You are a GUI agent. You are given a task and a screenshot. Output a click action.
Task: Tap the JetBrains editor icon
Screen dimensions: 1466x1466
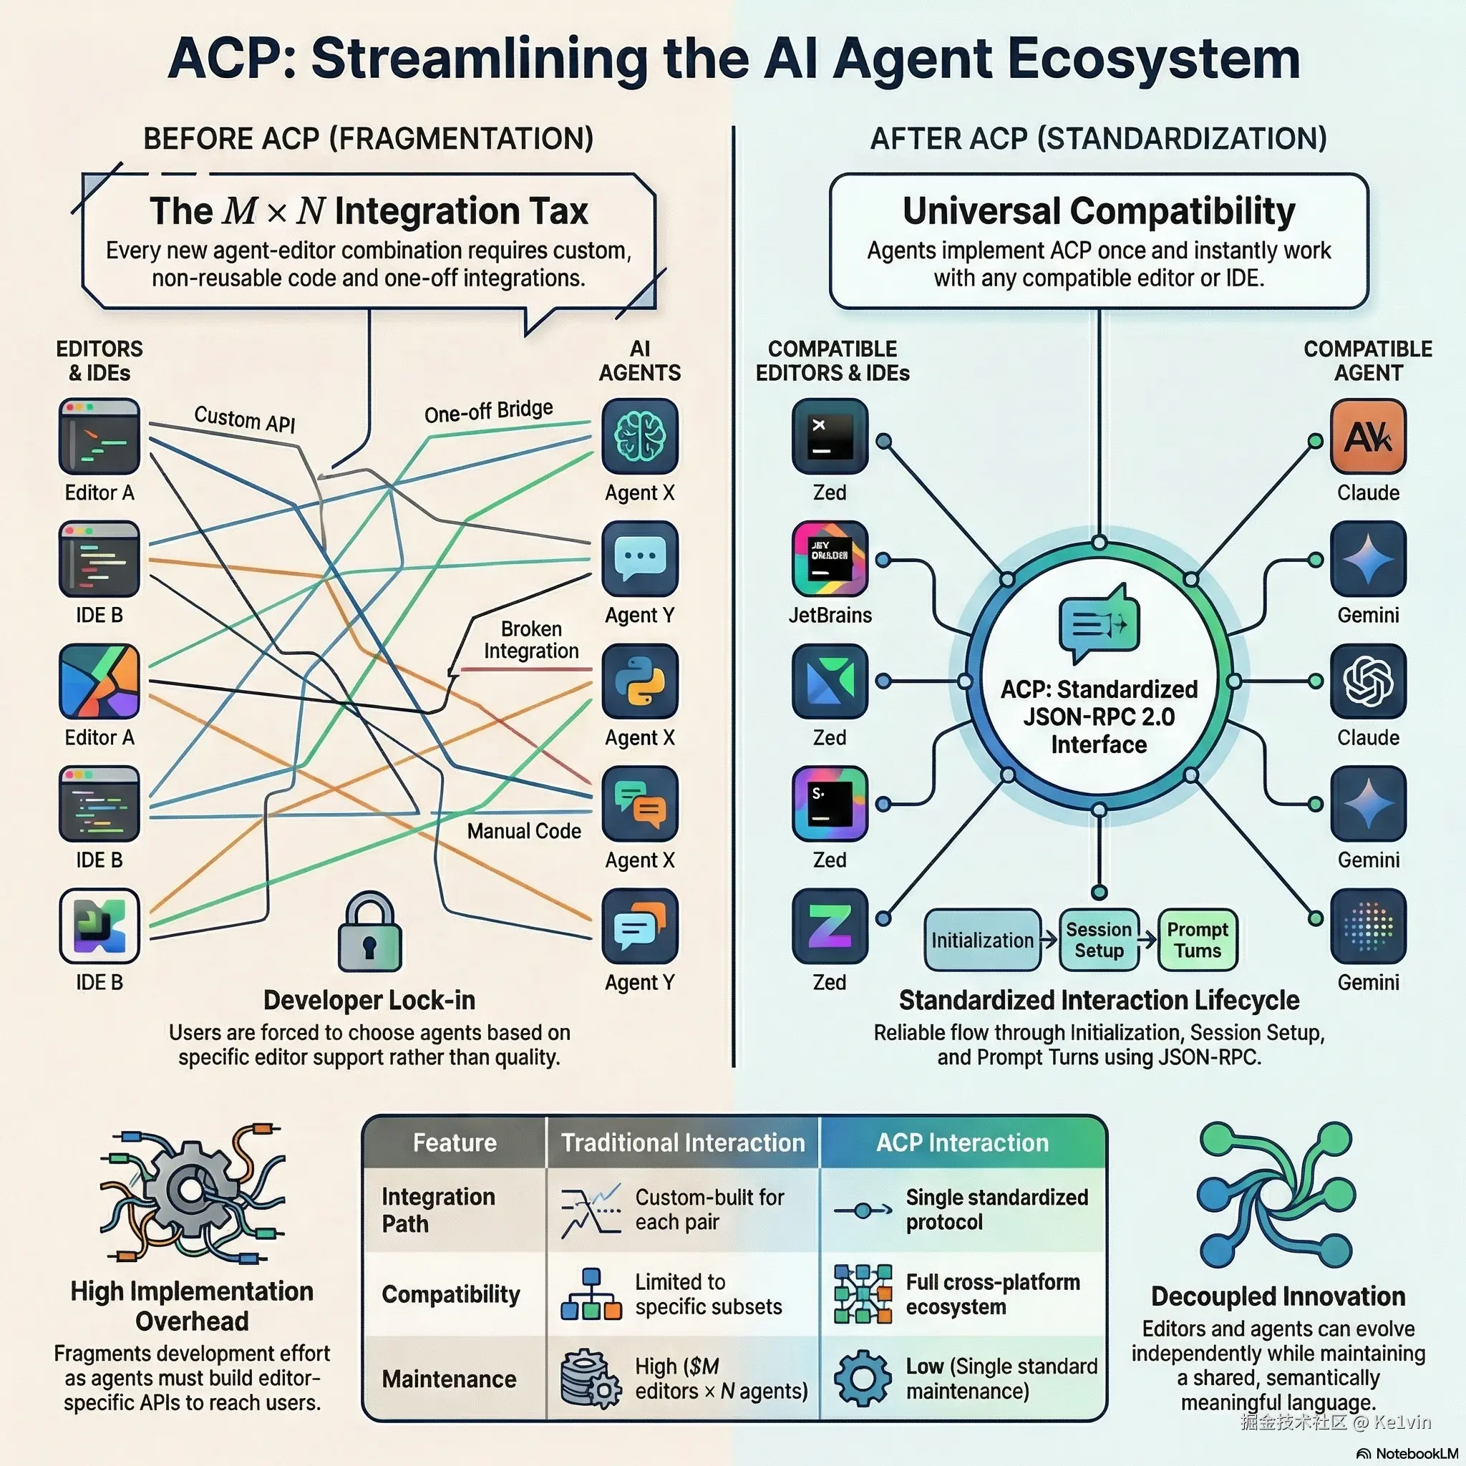coord(830,558)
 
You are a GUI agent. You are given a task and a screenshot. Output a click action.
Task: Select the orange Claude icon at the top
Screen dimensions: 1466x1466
coord(1367,437)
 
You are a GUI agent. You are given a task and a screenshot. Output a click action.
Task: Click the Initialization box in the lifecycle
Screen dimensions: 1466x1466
coord(982,940)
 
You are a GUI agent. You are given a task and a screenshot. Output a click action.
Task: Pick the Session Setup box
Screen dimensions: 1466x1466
coord(1098,940)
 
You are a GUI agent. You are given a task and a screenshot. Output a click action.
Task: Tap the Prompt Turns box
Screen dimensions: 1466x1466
coord(1197,940)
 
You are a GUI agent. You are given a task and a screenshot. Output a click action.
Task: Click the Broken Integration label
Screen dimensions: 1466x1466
coord(531,640)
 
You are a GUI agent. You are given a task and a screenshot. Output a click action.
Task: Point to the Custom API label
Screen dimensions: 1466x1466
coord(244,418)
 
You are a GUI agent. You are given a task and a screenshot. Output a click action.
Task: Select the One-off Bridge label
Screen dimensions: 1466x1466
coord(488,412)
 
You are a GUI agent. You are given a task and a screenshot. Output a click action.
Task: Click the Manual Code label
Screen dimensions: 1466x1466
coord(523,831)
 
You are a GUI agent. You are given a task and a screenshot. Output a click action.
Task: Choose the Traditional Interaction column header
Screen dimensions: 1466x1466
coord(682,1142)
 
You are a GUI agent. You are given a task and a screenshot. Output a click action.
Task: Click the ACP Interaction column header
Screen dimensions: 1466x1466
coord(962,1142)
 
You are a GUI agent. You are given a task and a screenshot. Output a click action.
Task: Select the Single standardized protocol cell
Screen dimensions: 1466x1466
coord(996,1210)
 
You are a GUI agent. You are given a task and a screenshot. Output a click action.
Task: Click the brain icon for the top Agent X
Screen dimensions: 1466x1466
coord(639,437)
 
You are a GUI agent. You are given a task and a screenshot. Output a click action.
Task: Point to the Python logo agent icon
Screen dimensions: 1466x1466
coord(639,681)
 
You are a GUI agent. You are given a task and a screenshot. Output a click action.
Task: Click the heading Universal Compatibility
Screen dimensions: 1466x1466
coord(1098,211)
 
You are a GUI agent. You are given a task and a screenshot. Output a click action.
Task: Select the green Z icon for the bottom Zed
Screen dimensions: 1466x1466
coord(830,926)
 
